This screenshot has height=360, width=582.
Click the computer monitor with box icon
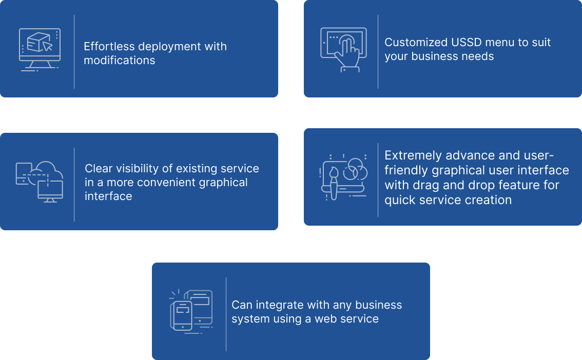pos(40,50)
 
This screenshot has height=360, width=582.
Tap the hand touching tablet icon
pos(343,49)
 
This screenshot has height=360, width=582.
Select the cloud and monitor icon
pos(40,182)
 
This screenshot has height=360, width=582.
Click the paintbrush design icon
pos(343,176)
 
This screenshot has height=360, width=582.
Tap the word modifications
pos(119,61)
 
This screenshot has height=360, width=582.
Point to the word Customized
pos(415,43)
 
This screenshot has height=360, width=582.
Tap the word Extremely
pos(413,155)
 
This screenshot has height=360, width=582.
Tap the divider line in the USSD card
pos(378,51)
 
